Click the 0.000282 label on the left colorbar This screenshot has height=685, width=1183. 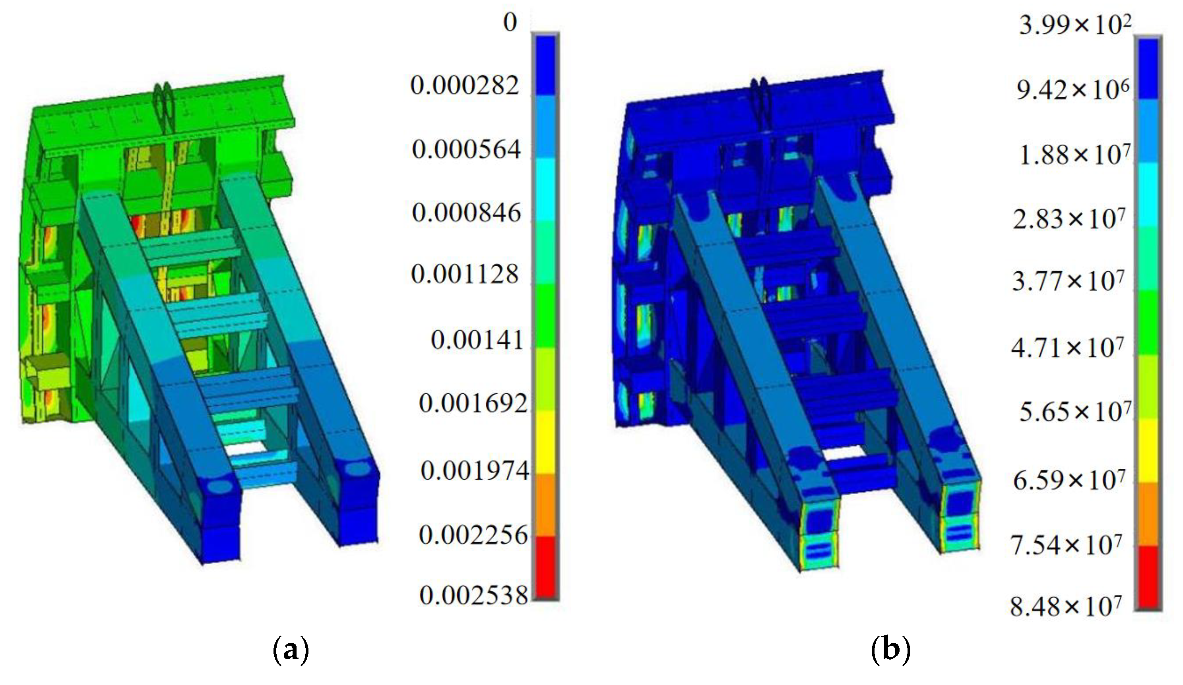tap(465, 86)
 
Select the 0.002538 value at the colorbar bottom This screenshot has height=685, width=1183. tap(474, 596)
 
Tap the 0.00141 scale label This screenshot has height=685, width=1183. tap(477, 340)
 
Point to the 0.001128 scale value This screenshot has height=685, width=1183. tap(465, 275)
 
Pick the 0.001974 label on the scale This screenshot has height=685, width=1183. tap(475, 470)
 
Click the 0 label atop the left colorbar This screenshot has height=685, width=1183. tap(510, 22)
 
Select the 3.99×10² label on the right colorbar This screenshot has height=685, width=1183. tap(1075, 24)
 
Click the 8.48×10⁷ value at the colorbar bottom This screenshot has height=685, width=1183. tap(1066, 606)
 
